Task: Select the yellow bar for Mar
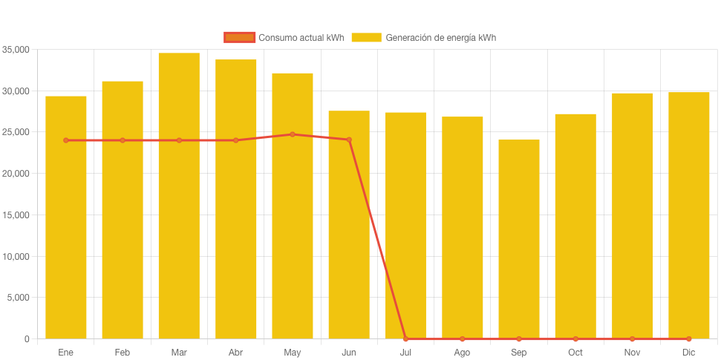pyautogui.click(x=179, y=196)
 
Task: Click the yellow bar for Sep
pyautogui.click(x=519, y=239)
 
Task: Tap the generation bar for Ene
pyautogui.click(x=66, y=217)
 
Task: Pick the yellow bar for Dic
pyautogui.click(x=689, y=215)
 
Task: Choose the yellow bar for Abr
pyautogui.click(x=236, y=199)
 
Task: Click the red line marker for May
pyautogui.click(x=293, y=134)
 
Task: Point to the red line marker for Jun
pyautogui.click(x=349, y=140)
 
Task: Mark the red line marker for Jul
pyautogui.click(x=405, y=339)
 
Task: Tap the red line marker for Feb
pyautogui.click(x=123, y=140)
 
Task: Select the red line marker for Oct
pyautogui.click(x=575, y=339)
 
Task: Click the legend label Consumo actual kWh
pyautogui.click(x=301, y=38)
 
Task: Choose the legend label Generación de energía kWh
pyautogui.click(x=440, y=38)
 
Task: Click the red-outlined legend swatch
pyautogui.click(x=239, y=38)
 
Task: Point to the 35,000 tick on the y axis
pyautogui.click(x=16, y=50)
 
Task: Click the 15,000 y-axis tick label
pyautogui.click(x=16, y=215)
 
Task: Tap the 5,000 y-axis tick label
pyautogui.click(x=18, y=298)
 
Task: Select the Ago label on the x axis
pyautogui.click(x=462, y=353)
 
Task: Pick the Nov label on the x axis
pyautogui.click(x=632, y=353)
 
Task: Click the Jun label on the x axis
pyautogui.click(x=349, y=353)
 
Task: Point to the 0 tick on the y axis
pyautogui.click(x=27, y=339)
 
